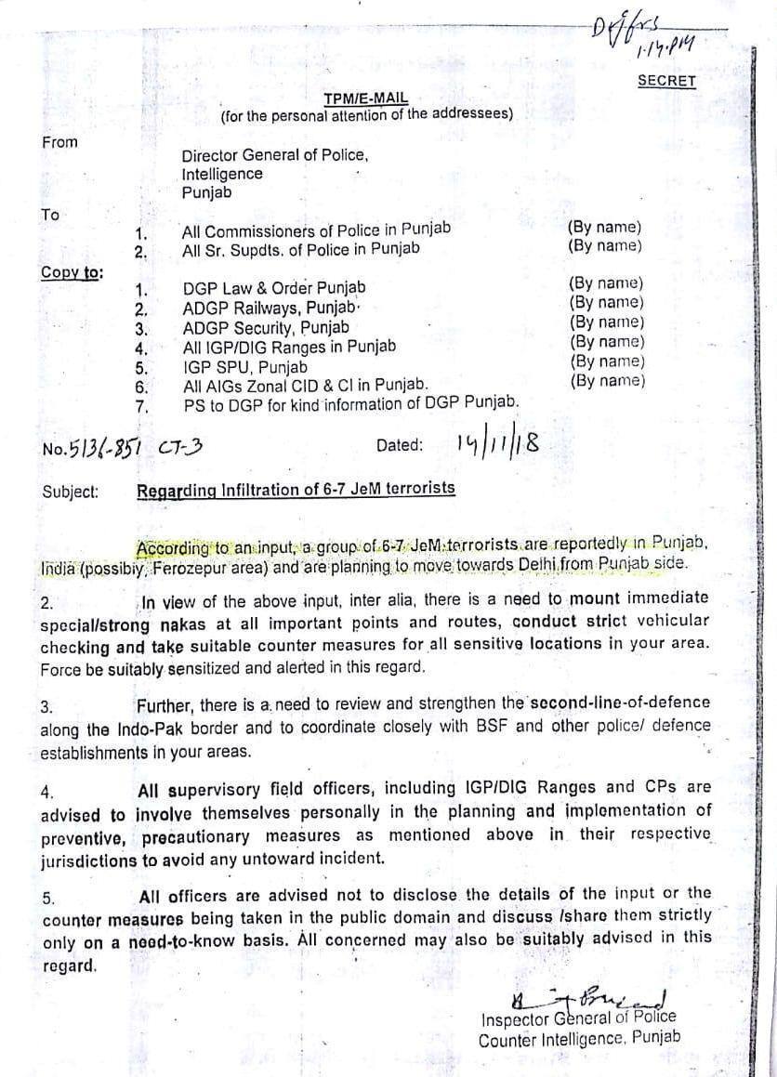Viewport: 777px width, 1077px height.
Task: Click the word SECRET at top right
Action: click(x=666, y=81)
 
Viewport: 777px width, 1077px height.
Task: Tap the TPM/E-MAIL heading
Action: click(x=365, y=99)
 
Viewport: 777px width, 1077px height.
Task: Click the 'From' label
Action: click(x=59, y=142)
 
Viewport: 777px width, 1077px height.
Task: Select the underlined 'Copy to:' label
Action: click(x=72, y=272)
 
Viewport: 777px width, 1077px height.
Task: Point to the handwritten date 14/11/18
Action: click(x=497, y=443)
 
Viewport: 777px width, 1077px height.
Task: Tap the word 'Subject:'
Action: click(x=70, y=492)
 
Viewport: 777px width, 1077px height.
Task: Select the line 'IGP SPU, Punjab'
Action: click(x=245, y=366)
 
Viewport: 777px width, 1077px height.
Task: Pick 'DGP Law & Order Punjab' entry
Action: click(x=274, y=288)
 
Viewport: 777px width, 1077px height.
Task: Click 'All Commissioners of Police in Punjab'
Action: click(x=316, y=230)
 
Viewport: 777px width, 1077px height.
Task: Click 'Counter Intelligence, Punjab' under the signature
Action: click(x=579, y=1039)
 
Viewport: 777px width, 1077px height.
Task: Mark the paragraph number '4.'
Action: click(x=47, y=793)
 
